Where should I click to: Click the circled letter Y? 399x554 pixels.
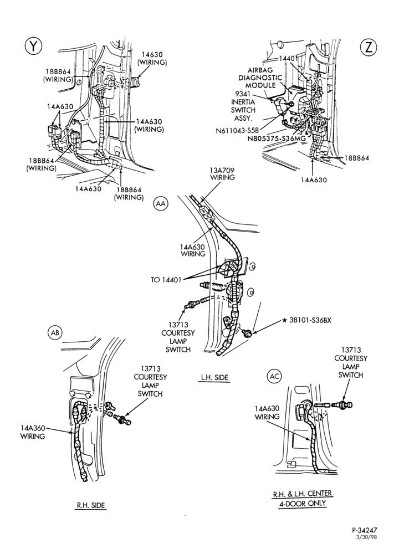pyautogui.click(x=33, y=46)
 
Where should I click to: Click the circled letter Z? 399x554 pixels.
pyautogui.click(x=369, y=47)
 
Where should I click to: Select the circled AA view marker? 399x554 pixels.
pyautogui.click(x=161, y=204)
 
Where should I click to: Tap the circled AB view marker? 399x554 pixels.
pyautogui.click(x=55, y=332)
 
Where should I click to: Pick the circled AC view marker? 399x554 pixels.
pyautogui.click(x=274, y=376)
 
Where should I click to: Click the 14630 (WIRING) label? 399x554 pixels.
pyautogui.click(x=152, y=58)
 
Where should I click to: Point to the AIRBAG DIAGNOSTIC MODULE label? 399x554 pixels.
pyautogui.click(x=260, y=78)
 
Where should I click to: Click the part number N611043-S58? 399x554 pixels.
pyautogui.click(x=237, y=130)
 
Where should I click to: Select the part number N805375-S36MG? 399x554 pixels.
pyautogui.click(x=277, y=138)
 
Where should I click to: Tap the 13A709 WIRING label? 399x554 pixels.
pyautogui.click(x=222, y=173)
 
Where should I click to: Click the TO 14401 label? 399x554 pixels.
pyautogui.click(x=166, y=280)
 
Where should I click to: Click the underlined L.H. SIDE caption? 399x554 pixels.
pyautogui.click(x=214, y=377)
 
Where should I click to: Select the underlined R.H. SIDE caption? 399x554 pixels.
pyautogui.click(x=91, y=505)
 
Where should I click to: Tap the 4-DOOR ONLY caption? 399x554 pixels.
pyautogui.click(x=302, y=504)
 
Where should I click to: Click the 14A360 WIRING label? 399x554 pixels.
pyautogui.click(x=33, y=432)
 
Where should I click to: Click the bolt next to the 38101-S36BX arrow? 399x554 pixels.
pyautogui.click(x=247, y=332)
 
